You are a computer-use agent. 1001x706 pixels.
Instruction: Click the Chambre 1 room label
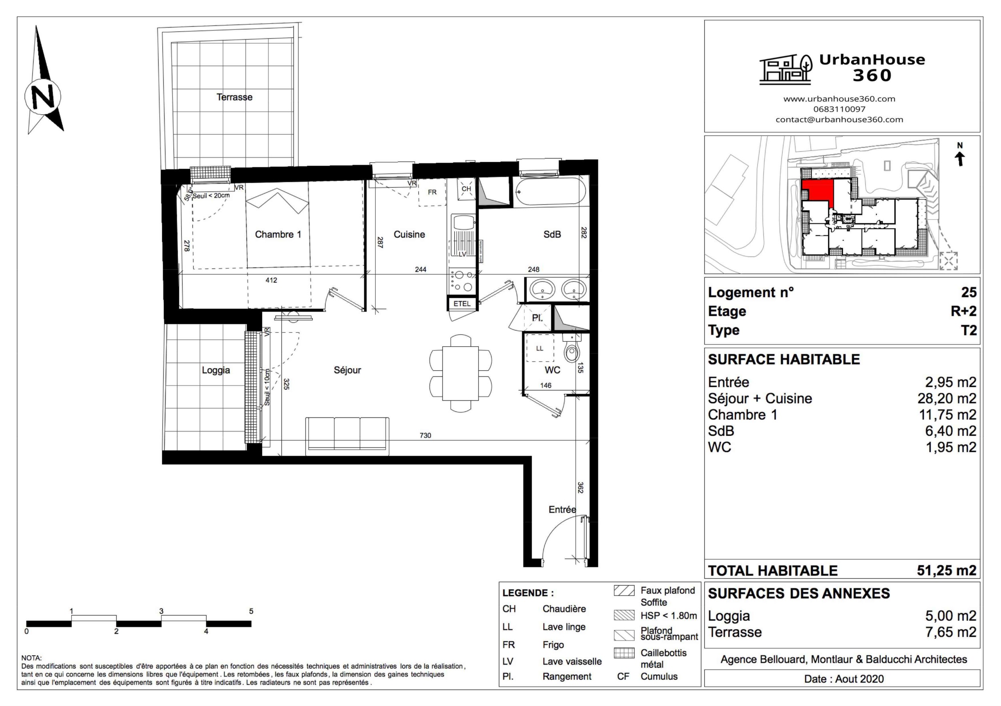click(278, 235)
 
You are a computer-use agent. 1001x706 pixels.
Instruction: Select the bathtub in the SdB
click(550, 191)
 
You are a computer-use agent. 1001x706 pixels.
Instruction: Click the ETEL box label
click(462, 304)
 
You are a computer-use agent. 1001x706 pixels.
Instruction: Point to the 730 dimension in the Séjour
click(425, 435)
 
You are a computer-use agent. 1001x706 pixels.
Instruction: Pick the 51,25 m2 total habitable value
click(946, 570)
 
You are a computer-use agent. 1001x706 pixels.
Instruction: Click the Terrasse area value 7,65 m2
click(951, 632)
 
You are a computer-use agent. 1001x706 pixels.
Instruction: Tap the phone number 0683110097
click(839, 109)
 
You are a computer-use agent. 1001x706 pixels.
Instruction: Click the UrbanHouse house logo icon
click(785, 69)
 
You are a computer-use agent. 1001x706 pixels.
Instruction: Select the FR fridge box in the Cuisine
click(432, 192)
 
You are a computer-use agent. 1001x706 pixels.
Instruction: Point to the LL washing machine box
click(540, 348)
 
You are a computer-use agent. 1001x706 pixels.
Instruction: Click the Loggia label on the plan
click(216, 371)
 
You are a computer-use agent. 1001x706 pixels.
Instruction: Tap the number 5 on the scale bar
click(251, 611)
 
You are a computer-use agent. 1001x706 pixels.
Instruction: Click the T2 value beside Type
click(969, 330)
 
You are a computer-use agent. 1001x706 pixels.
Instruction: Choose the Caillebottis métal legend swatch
click(624, 653)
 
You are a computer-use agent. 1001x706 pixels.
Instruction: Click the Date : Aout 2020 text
click(844, 679)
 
